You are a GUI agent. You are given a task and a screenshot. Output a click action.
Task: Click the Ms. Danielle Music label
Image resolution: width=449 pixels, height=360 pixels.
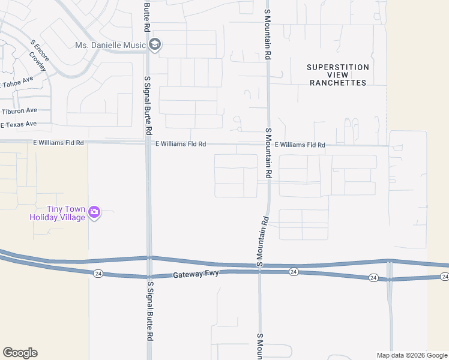111,45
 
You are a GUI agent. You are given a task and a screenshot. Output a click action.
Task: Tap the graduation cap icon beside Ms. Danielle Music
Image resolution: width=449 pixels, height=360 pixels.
155,45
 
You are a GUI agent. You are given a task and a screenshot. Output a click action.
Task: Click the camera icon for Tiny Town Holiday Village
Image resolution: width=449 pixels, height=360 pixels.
94,212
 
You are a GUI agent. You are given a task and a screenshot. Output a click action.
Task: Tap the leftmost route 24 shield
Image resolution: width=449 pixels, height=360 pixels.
97,273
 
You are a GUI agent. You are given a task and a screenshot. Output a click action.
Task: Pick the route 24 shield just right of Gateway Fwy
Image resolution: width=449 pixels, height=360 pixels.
293,272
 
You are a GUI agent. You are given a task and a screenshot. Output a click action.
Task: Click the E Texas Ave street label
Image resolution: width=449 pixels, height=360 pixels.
19,124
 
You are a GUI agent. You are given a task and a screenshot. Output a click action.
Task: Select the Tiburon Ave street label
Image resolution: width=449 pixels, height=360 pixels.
19,111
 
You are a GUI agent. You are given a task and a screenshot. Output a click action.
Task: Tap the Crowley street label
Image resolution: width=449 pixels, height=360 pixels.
38,61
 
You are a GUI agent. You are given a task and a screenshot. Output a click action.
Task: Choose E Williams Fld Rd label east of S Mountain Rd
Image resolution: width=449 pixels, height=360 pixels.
300,145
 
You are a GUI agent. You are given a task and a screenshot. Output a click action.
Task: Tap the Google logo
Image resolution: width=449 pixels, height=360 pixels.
20,353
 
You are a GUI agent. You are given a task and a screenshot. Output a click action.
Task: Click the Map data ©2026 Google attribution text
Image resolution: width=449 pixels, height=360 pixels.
412,355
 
